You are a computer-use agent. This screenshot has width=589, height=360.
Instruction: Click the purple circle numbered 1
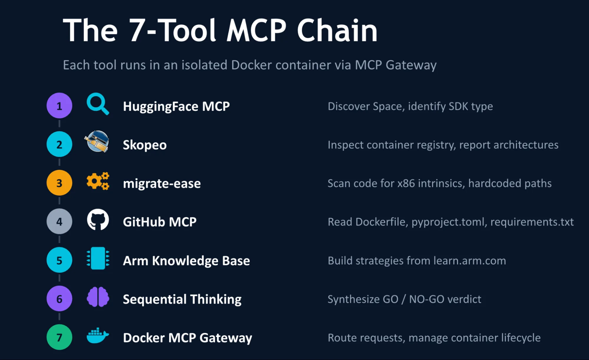click(x=59, y=106)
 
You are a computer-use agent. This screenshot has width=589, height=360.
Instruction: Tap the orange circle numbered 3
click(x=59, y=183)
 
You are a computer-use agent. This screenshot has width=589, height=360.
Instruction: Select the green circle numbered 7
click(x=59, y=337)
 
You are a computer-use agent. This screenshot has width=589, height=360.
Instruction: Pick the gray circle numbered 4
click(x=59, y=221)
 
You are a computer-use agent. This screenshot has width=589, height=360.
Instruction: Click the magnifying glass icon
click(x=98, y=104)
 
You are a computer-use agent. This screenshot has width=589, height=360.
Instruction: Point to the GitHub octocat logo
click(x=98, y=220)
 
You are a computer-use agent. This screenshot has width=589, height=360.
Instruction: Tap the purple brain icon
click(x=98, y=297)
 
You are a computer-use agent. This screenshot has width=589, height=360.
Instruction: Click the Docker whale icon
click(x=98, y=336)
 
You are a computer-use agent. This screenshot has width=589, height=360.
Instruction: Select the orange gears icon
click(x=98, y=181)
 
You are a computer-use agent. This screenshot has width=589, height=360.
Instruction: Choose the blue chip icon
click(x=98, y=258)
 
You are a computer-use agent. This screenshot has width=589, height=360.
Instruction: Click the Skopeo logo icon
click(x=97, y=142)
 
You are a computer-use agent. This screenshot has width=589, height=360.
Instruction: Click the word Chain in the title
click(x=337, y=30)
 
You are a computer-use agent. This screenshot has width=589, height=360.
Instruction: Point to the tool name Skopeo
click(x=145, y=145)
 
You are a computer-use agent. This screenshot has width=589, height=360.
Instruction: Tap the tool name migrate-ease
click(x=162, y=183)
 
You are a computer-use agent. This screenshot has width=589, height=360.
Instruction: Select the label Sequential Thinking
click(x=182, y=299)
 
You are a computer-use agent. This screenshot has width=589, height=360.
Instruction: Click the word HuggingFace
click(x=161, y=106)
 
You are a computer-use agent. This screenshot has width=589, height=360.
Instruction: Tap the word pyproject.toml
click(x=448, y=222)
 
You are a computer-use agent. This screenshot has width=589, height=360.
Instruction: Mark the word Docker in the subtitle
click(x=251, y=65)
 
